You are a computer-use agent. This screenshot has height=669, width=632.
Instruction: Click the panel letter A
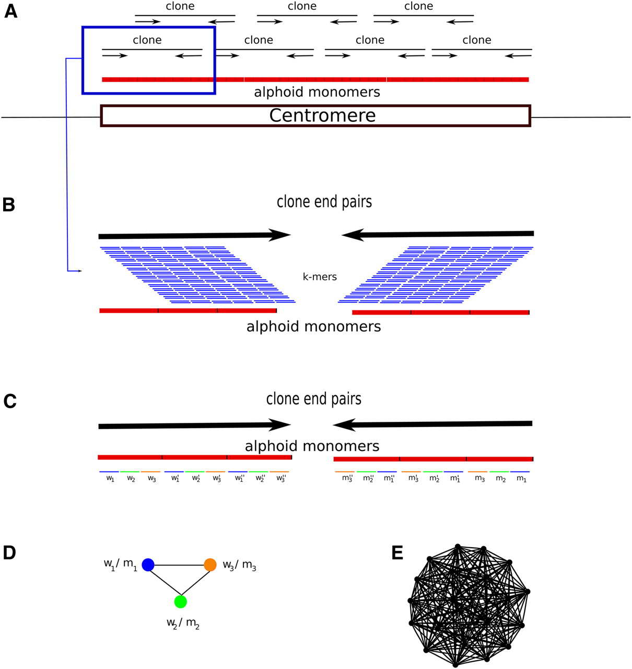(x=10, y=11)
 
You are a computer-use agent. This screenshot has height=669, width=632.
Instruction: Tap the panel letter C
(x=10, y=401)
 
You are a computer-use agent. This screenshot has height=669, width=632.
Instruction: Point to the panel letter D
(x=10, y=553)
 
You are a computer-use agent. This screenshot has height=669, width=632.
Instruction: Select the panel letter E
(x=397, y=553)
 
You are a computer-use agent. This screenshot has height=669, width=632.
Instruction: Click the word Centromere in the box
(x=322, y=116)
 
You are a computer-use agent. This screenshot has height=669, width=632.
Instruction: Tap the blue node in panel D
(x=148, y=564)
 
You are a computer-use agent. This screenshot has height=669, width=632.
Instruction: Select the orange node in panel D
(x=210, y=564)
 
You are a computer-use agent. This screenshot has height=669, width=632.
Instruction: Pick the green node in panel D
(x=180, y=602)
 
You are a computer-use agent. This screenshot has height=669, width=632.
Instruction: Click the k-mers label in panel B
(x=320, y=277)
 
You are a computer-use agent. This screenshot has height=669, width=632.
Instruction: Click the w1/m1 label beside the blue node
(x=120, y=564)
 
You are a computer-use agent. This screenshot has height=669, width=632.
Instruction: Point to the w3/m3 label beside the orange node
(x=239, y=565)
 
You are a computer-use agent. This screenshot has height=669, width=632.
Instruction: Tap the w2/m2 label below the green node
(x=183, y=623)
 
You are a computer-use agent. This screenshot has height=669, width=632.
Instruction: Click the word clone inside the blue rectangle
(x=147, y=40)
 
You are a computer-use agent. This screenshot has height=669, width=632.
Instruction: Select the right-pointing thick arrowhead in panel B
(x=279, y=235)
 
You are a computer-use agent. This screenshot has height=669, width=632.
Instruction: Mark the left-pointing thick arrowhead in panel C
(x=345, y=424)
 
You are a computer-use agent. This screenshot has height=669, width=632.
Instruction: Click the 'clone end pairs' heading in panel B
(x=324, y=202)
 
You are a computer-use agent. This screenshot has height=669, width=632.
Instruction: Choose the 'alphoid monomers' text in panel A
(x=317, y=93)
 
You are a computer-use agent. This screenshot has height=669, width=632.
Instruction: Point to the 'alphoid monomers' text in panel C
(x=312, y=446)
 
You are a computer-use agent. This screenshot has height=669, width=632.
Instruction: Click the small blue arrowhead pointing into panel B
(x=79, y=271)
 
